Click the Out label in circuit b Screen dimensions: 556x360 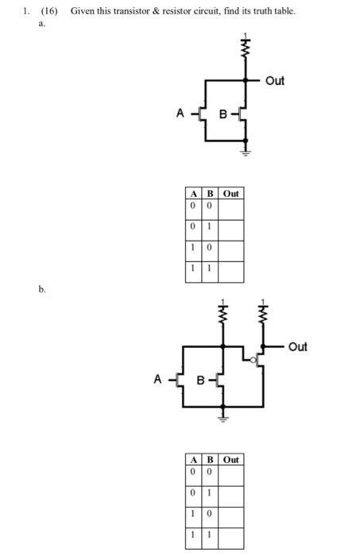[x=298, y=347]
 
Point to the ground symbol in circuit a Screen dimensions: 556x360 [x=246, y=149]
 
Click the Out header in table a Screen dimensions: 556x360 [x=231, y=193]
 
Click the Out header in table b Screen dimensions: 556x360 [x=231, y=460]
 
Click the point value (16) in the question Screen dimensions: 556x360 [x=52, y=11]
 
